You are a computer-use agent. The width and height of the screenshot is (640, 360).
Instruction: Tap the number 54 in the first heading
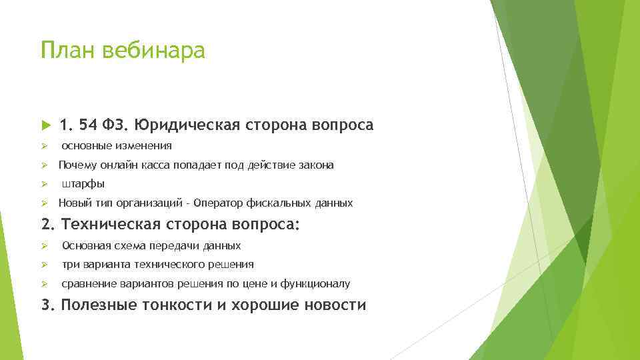click(87, 125)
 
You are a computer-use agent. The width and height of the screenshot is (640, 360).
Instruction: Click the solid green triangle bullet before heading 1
click(45, 125)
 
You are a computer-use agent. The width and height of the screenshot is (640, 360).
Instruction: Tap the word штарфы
click(83, 184)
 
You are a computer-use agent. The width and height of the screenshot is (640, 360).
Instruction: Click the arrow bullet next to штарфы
click(44, 184)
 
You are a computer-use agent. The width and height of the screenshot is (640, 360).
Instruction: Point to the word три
click(70, 265)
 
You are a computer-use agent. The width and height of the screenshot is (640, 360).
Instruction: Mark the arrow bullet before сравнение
click(44, 284)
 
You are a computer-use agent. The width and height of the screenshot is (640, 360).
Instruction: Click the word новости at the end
click(335, 305)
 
